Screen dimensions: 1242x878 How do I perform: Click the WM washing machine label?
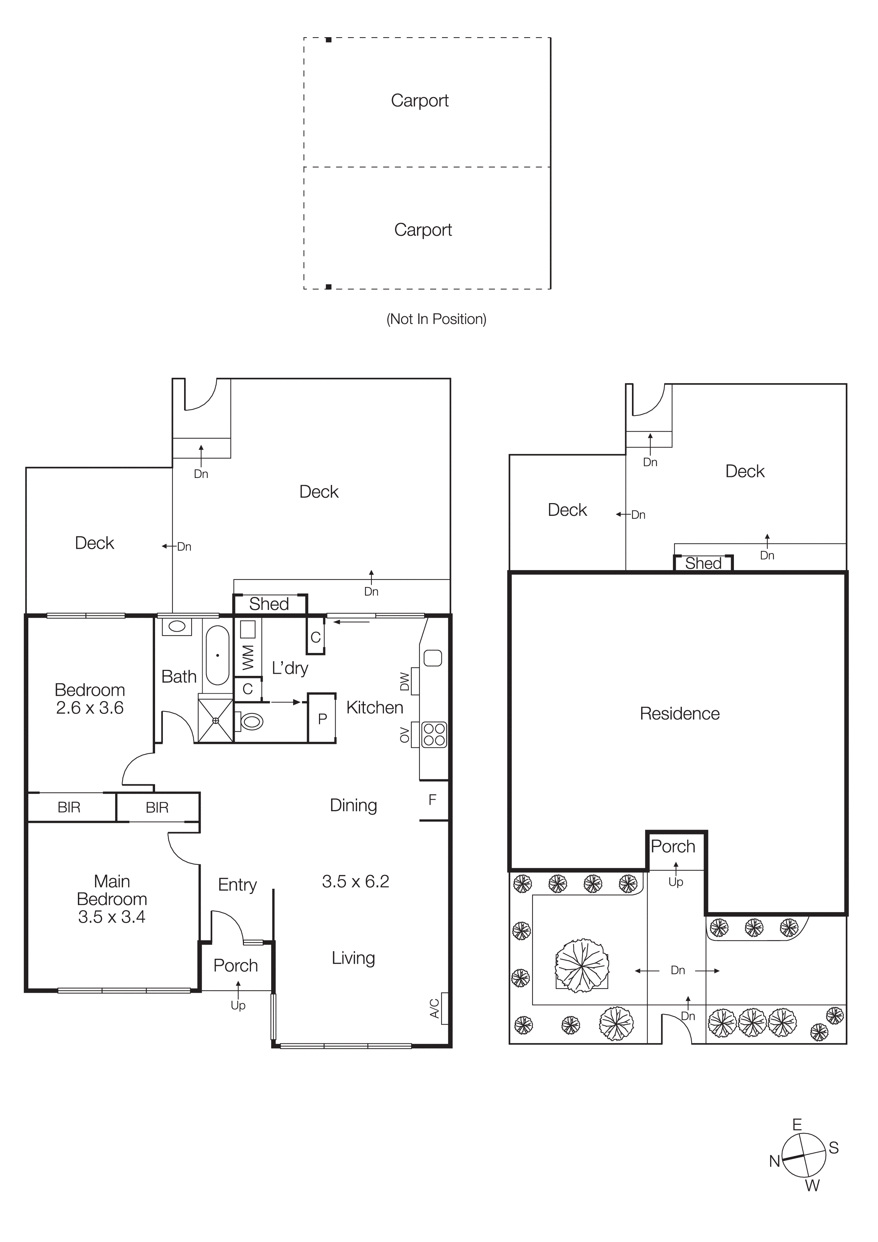pyautogui.click(x=248, y=657)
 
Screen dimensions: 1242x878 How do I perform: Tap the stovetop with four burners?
pyautogui.click(x=434, y=735)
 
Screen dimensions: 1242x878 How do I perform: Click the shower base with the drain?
pyautogui.click(x=215, y=720)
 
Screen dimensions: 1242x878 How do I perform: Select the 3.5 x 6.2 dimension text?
pyautogui.click(x=355, y=881)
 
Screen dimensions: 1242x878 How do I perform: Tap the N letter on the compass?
pyautogui.click(x=774, y=1161)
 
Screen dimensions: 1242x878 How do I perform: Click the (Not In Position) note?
pyautogui.click(x=436, y=319)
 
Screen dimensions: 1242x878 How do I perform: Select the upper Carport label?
pyautogui.click(x=420, y=101)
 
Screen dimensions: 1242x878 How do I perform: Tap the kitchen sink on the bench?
pyautogui.click(x=433, y=658)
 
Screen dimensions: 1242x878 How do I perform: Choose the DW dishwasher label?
pyautogui.click(x=404, y=682)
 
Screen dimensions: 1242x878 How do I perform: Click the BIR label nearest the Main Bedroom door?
pyautogui.click(x=157, y=808)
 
